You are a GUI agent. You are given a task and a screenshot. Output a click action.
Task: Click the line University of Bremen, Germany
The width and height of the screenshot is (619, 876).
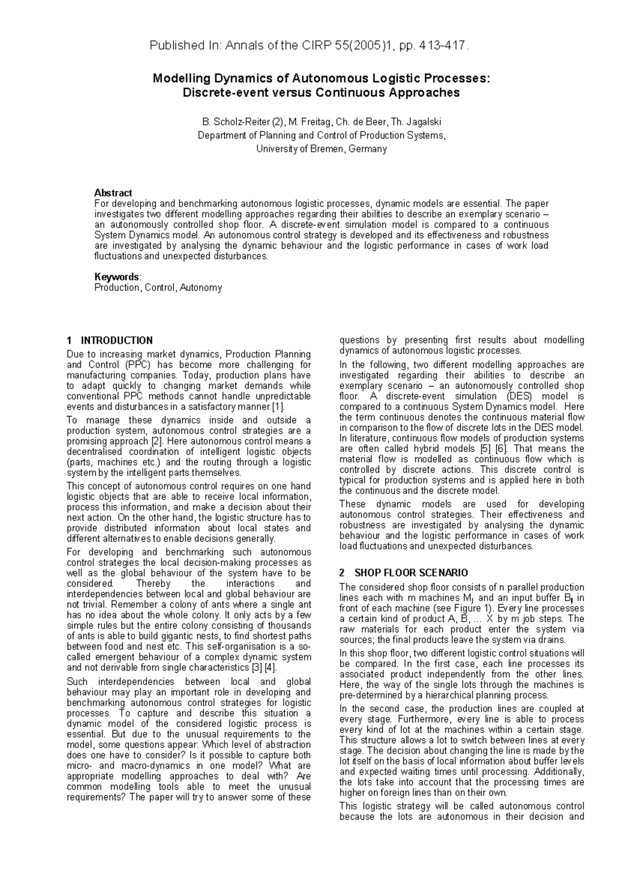(x=321, y=149)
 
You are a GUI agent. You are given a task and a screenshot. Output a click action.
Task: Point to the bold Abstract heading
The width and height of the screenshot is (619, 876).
(x=113, y=192)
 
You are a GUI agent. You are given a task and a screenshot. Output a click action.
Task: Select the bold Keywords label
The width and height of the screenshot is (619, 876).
(x=117, y=277)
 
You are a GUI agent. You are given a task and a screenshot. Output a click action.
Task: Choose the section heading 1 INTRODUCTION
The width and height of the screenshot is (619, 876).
(x=110, y=340)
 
